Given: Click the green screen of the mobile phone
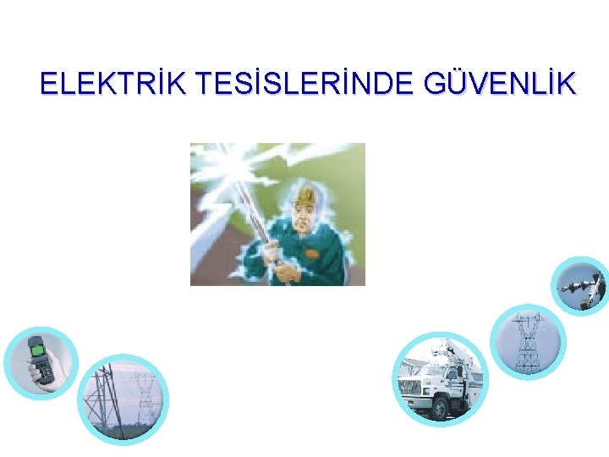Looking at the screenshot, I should pyautogui.click(x=38, y=346).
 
